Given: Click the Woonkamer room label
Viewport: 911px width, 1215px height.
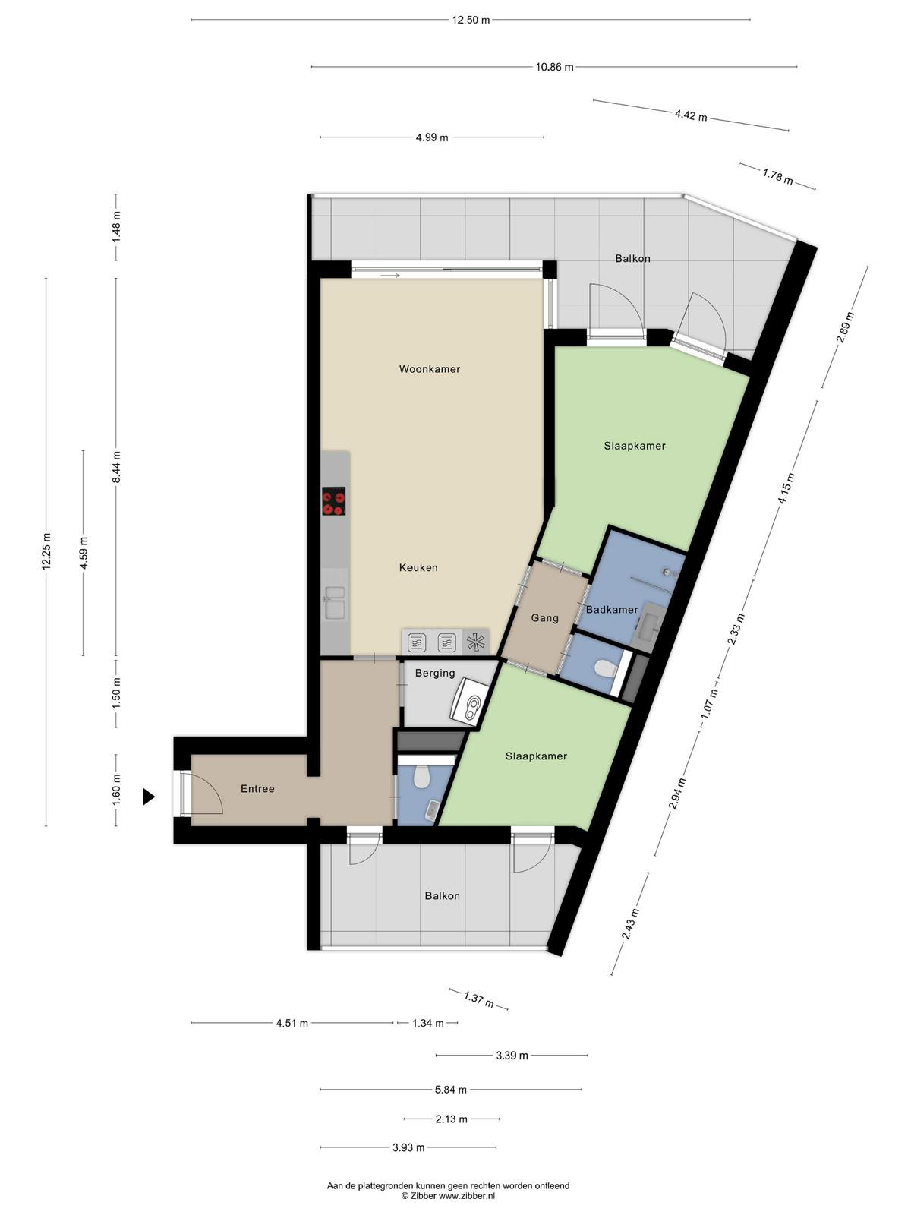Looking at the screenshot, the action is (429, 368).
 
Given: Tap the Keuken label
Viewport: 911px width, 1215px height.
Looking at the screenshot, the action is (418, 567).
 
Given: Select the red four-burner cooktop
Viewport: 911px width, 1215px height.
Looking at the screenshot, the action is (334, 501).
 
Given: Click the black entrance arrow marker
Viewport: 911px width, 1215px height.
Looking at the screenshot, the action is (148, 797).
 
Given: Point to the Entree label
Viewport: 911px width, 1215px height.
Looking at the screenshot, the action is (257, 789).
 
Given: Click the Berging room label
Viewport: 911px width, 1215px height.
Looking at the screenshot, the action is (435, 673).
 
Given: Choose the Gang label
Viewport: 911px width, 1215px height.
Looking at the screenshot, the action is (545, 617).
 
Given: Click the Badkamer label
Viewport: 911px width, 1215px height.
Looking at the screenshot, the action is (612, 610).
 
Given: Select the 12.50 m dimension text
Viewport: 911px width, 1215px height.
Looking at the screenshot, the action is (471, 21).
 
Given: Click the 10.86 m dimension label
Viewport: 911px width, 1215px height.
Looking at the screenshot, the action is (554, 68).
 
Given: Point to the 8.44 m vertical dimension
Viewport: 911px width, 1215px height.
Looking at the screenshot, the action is (116, 467).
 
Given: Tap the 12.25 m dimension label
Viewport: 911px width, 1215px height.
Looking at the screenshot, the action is (46, 551).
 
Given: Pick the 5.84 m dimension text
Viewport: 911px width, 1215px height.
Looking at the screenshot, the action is (451, 1090).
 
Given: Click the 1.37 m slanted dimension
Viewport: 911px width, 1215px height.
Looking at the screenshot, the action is (478, 999).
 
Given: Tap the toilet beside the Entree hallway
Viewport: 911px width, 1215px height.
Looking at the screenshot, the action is (421, 777).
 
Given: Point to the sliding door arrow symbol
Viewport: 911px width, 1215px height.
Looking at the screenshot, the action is (390, 275).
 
